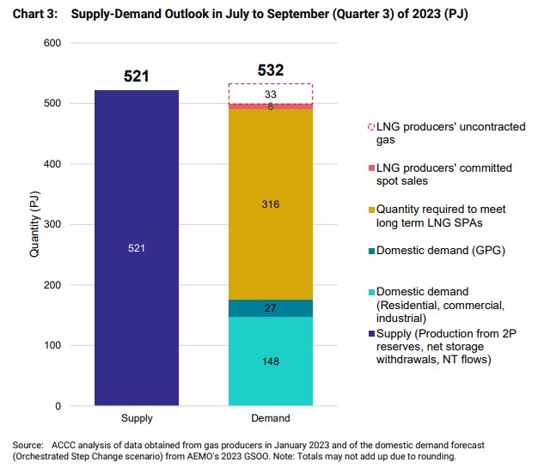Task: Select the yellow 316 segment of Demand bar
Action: tap(270, 204)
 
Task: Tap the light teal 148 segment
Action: tap(270, 362)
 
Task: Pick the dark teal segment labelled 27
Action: tap(270, 308)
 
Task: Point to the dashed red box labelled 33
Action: tap(270, 93)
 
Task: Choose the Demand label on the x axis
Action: tap(270, 419)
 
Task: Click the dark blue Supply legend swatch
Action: tap(370, 332)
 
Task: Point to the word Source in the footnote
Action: tap(27, 444)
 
